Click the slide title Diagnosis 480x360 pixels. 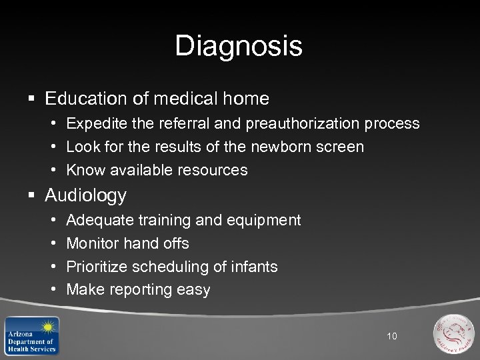pyautogui.click(x=239, y=47)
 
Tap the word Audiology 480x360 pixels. pyautogui.click(x=85, y=195)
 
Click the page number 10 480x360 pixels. pyautogui.click(x=392, y=336)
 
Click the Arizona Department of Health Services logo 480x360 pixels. pyautogui.click(x=31, y=335)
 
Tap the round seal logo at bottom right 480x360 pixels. pyautogui.click(x=453, y=333)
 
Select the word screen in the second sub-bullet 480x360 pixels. pyautogui.click(x=341, y=147)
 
